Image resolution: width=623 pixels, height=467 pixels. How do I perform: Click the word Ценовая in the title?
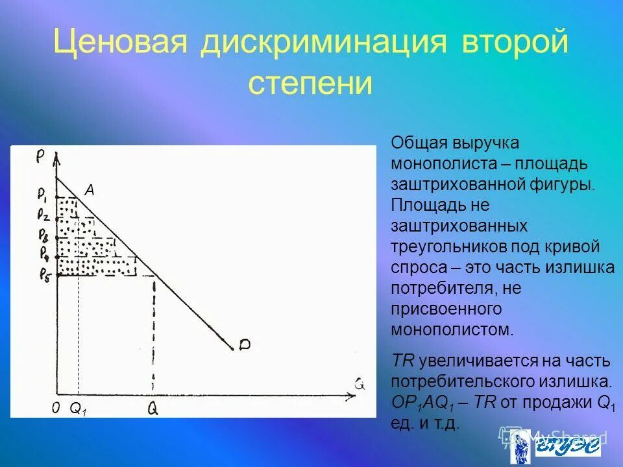[x=120, y=43]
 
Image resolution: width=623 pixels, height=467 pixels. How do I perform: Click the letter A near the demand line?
[x=90, y=190]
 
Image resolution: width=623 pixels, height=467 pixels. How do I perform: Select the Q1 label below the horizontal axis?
[x=78, y=409]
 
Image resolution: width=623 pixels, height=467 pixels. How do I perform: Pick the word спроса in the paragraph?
[x=413, y=267]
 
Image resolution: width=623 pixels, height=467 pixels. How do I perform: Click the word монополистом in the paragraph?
[x=451, y=329]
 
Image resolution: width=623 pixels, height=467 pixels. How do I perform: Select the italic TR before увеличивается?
[x=404, y=361]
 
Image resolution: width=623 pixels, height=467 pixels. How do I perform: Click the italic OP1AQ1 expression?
[x=422, y=403]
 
